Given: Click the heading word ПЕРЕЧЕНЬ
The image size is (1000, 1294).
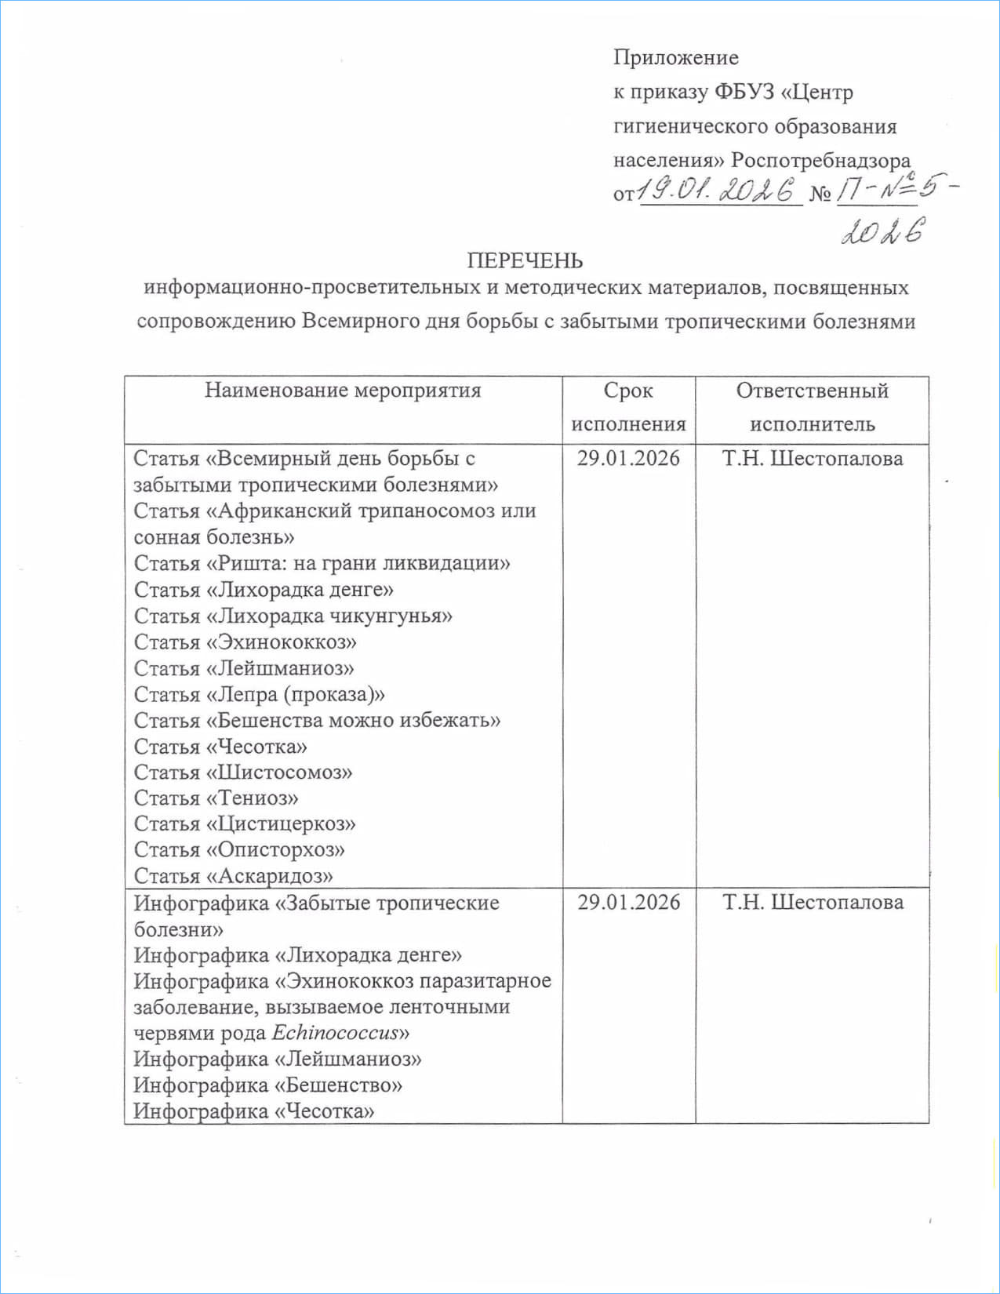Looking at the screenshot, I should point(525,260).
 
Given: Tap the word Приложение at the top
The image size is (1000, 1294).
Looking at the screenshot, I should point(675,57).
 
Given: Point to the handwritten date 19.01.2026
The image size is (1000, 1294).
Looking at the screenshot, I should point(716,190).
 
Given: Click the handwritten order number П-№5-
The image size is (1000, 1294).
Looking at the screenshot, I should point(894,191).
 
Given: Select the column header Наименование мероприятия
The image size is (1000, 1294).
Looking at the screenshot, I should point(343,391).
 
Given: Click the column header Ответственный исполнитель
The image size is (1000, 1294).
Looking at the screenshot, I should point(812,407).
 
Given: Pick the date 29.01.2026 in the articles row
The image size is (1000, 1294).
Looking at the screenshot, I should point(628,459).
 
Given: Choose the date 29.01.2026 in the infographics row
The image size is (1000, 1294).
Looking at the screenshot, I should point(628,903).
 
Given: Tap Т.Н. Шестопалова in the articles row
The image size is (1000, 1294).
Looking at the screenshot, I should point(812,459).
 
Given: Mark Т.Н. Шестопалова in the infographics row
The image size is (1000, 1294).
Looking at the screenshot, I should point(813,903).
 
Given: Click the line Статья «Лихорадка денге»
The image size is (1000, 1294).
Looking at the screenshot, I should point(264,590).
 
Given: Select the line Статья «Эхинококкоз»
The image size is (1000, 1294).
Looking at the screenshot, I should point(245,642).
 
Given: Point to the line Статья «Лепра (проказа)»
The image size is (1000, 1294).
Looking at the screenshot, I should point(259,695).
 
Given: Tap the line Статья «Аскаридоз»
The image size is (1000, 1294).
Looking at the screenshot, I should point(233,876).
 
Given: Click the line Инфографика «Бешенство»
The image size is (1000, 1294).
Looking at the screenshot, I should point(267,1085).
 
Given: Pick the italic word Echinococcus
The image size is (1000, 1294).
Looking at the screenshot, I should point(335,1033).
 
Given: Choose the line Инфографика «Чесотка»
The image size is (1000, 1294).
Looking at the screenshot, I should point(253,1111).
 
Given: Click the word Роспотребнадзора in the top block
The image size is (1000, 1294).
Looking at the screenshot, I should point(820,161).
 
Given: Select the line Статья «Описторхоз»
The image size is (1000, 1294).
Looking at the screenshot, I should point(239,850).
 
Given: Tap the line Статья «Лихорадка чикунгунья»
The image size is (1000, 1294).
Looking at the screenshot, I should point(293,616).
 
